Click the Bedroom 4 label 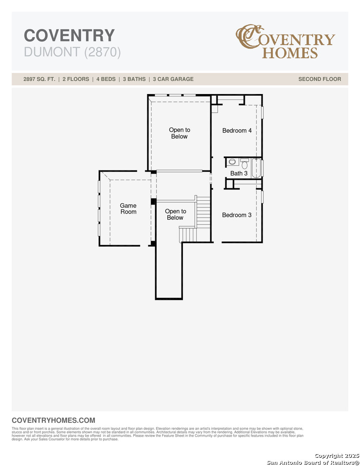point(237,130)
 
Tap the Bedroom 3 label point(237,215)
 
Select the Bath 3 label point(238,173)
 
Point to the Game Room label point(128,209)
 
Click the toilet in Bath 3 point(244,164)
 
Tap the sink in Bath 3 point(232,162)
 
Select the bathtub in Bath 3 point(257,168)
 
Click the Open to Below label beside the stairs point(175,214)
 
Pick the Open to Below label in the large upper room point(179,133)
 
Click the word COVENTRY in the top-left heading point(69,35)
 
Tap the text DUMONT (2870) point(72,52)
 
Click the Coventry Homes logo point(285,42)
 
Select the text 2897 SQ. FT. point(39,79)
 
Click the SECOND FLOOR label point(319,79)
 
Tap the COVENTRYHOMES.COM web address point(53,420)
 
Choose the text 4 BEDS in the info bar point(104,79)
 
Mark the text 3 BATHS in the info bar point(134,79)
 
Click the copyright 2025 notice point(336,456)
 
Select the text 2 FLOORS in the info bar point(76,79)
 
